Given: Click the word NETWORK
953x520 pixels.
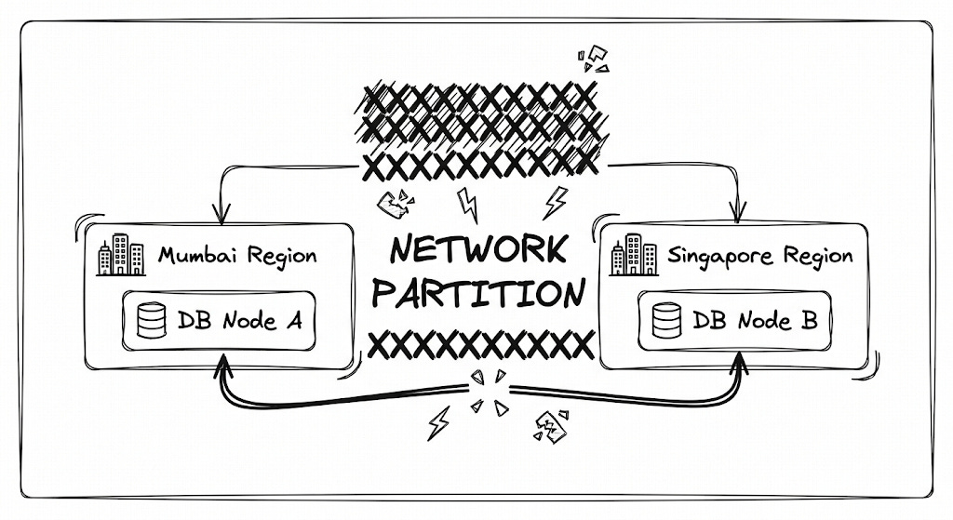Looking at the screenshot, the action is (x=479, y=249).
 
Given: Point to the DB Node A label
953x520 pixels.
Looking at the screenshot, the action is (x=239, y=320).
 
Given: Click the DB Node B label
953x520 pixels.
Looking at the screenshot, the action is (x=755, y=320).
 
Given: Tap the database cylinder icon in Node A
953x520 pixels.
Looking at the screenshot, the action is (x=152, y=320).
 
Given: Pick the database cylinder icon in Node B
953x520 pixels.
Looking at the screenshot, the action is (x=666, y=320).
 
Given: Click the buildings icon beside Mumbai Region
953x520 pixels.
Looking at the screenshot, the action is (x=121, y=255).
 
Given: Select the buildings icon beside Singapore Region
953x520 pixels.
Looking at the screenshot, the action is (x=634, y=255).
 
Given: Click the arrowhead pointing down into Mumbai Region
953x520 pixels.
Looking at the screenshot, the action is (x=221, y=214).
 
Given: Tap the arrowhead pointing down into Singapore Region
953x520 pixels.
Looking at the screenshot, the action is (x=737, y=213).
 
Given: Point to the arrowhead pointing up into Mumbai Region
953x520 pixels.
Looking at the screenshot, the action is (x=223, y=366).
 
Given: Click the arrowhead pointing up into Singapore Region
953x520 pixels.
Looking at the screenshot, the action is (x=740, y=364).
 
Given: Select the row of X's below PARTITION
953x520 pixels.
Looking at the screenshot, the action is (x=481, y=346).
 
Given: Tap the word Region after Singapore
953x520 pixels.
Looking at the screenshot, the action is (x=818, y=257).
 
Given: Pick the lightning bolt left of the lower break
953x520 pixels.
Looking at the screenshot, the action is (x=439, y=423).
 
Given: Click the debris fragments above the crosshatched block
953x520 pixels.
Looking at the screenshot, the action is (x=593, y=59).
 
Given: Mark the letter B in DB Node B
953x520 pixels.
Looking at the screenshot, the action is (x=809, y=320).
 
